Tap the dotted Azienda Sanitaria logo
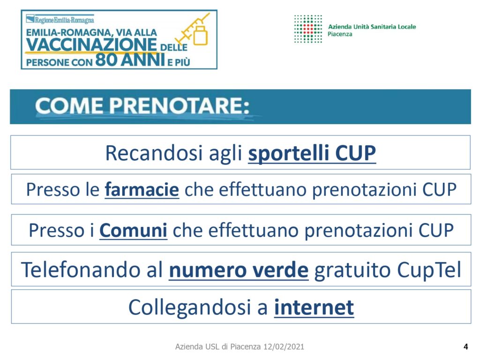(x=308, y=29)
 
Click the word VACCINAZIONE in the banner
(x=91, y=45)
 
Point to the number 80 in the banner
(x=106, y=60)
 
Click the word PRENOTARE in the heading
(x=179, y=106)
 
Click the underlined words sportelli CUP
(x=312, y=153)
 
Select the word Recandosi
(x=154, y=153)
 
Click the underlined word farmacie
(x=142, y=189)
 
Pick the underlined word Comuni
(x=134, y=230)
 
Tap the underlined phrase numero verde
(x=239, y=270)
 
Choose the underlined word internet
(x=314, y=307)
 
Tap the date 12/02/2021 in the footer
(x=284, y=346)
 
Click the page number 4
(x=465, y=346)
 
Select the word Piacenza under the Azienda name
(x=340, y=34)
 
